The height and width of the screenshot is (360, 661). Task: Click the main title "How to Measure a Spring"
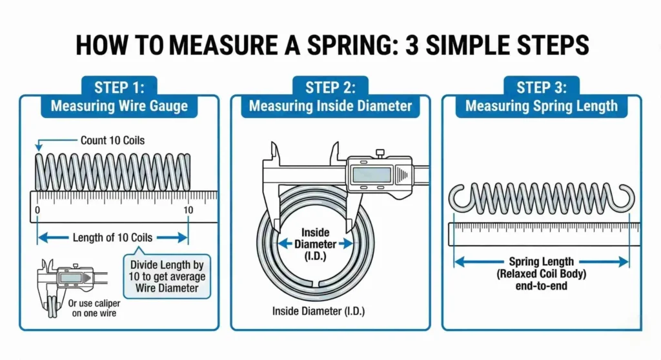click(x=330, y=46)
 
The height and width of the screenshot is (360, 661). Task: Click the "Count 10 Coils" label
click(x=112, y=140)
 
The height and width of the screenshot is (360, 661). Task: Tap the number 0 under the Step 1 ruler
click(x=37, y=210)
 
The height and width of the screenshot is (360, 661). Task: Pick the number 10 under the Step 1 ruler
click(x=188, y=210)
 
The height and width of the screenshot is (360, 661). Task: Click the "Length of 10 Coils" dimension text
click(x=112, y=238)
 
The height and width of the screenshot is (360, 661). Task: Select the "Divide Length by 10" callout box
click(x=167, y=275)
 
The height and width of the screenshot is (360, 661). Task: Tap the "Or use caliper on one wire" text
click(x=92, y=308)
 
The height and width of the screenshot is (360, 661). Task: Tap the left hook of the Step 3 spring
click(x=460, y=197)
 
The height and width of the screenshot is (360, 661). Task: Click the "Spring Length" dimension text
click(x=541, y=262)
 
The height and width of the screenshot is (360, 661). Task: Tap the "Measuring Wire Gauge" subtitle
click(x=119, y=106)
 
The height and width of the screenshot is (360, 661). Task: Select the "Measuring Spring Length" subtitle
click(x=542, y=106)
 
